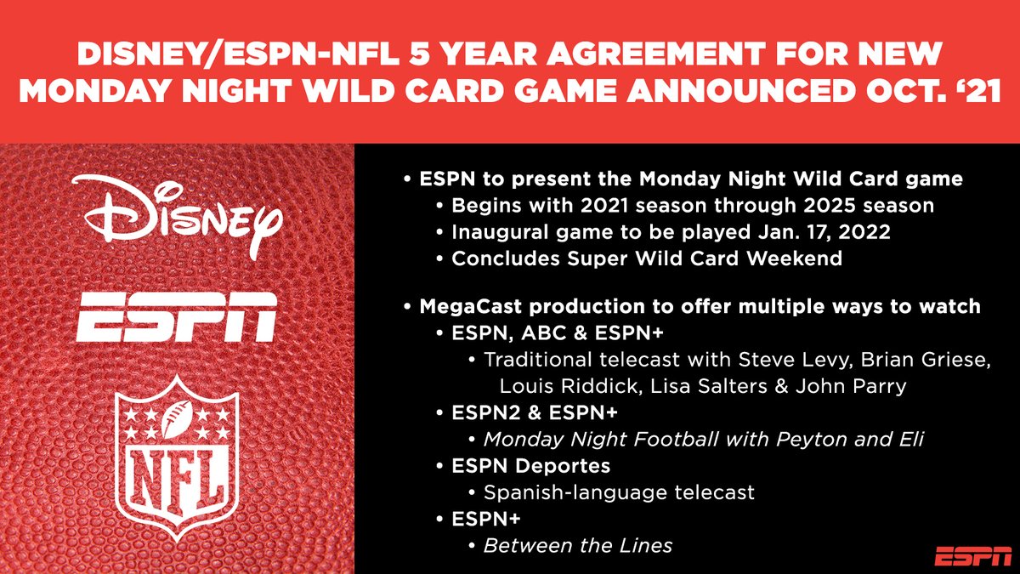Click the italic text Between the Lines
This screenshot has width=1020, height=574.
coord(578,545)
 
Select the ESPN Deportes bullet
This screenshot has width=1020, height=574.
coord(531,466)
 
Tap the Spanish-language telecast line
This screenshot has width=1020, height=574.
coord(619,492)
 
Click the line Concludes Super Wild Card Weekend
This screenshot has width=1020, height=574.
coord(647,258)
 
